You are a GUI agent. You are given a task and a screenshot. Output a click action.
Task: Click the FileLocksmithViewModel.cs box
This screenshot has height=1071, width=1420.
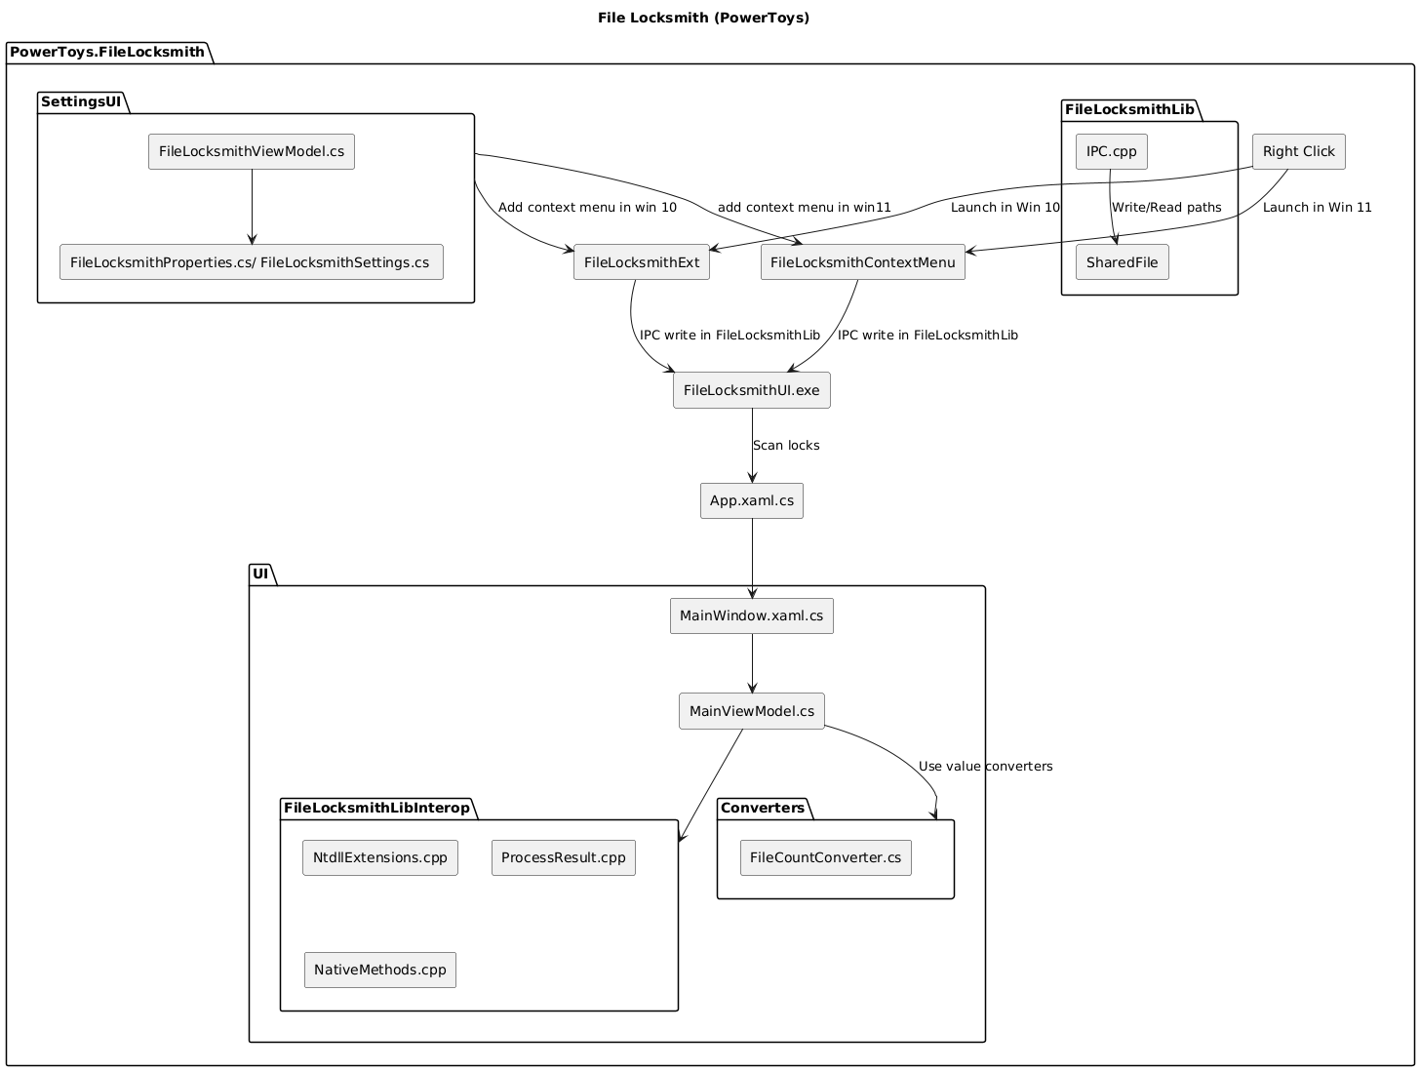(x=252, y=152)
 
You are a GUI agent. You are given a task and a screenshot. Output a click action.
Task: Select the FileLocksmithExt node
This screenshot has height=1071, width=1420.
(x=642, y=263)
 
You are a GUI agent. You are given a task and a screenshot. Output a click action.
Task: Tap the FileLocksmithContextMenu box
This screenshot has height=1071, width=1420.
(x=862, y=263)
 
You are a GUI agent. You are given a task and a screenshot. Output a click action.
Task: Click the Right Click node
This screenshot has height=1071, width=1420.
(x=1298, y=152)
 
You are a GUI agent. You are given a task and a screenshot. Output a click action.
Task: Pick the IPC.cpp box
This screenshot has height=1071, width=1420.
(x=1111, y=152)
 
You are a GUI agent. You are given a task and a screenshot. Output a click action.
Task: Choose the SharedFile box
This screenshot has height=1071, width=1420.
(x=1122, y=263)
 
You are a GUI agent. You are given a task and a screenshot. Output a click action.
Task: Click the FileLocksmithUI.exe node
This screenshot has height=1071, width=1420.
(x=752, y=390)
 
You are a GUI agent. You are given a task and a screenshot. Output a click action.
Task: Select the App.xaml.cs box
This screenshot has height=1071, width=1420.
(x=752, y=501)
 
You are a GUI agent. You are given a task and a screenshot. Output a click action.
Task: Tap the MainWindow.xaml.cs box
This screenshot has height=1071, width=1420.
(x=752, y=616)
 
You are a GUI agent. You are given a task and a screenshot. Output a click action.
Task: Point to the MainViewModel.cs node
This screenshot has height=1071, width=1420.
(x=752, y=711)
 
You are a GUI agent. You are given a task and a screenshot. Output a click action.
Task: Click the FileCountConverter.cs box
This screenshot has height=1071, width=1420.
(x=826, y=858)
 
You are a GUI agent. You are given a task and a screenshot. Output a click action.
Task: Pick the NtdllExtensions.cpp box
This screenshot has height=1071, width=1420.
(x=380, y=858)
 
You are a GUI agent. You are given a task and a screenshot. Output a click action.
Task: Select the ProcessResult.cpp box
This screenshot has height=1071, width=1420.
(x=564, y=858)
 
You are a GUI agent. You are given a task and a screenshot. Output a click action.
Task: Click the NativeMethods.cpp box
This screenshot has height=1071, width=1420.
(x=380, y=971)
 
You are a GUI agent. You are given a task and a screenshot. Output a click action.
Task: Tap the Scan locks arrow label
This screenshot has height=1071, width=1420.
(x=786, y=446)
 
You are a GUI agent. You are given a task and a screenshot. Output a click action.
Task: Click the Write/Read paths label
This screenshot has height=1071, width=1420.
(x=1166, y=208)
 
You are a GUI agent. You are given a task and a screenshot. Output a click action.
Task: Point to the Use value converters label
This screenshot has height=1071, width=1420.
(x=985, y=767)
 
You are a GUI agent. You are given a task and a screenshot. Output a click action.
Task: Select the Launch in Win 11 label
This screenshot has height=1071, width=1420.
(x=1317, y=208)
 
